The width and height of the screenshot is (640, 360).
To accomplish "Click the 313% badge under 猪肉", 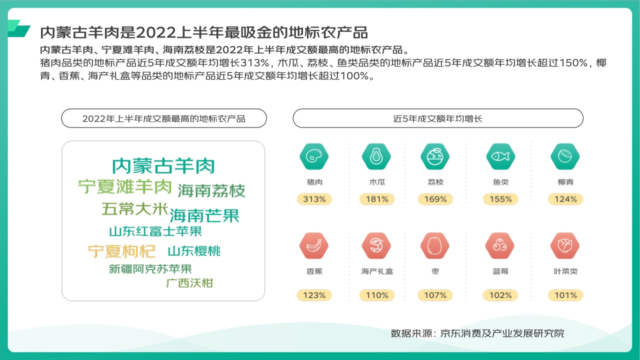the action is click(314, 199).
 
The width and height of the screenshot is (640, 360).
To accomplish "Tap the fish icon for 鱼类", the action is click(500, 156).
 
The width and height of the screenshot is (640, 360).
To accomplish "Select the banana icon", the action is click(314, 245).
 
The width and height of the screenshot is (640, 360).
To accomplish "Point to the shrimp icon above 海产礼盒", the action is click(376, 245).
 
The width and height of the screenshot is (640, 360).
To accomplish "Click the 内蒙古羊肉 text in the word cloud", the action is click(163, 166).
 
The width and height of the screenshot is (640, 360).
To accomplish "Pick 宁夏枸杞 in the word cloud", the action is click(121, 251).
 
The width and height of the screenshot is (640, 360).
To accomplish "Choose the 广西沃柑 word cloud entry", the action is click(189, 283).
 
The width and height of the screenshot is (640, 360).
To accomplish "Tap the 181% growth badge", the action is click(377, 199).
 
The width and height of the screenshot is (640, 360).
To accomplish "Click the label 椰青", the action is click(565, 182).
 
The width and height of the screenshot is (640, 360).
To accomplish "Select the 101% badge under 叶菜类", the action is click(565, 295).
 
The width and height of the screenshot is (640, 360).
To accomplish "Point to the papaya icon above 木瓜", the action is click(376, 156).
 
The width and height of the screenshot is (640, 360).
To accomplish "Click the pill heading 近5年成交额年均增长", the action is click(438, 118).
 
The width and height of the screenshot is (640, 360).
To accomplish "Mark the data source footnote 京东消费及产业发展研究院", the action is click(502, 333).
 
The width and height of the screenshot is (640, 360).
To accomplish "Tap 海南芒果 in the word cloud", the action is click(204, 215).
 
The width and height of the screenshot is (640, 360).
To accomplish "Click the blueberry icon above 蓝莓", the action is click(500, 245).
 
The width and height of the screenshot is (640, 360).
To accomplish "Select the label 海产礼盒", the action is click(377, 271).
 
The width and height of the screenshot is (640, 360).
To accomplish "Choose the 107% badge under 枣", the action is click(435, 295).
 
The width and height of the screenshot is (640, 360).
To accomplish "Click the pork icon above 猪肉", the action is click(314, 156).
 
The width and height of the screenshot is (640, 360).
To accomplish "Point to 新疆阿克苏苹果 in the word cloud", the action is click(150, 269).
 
